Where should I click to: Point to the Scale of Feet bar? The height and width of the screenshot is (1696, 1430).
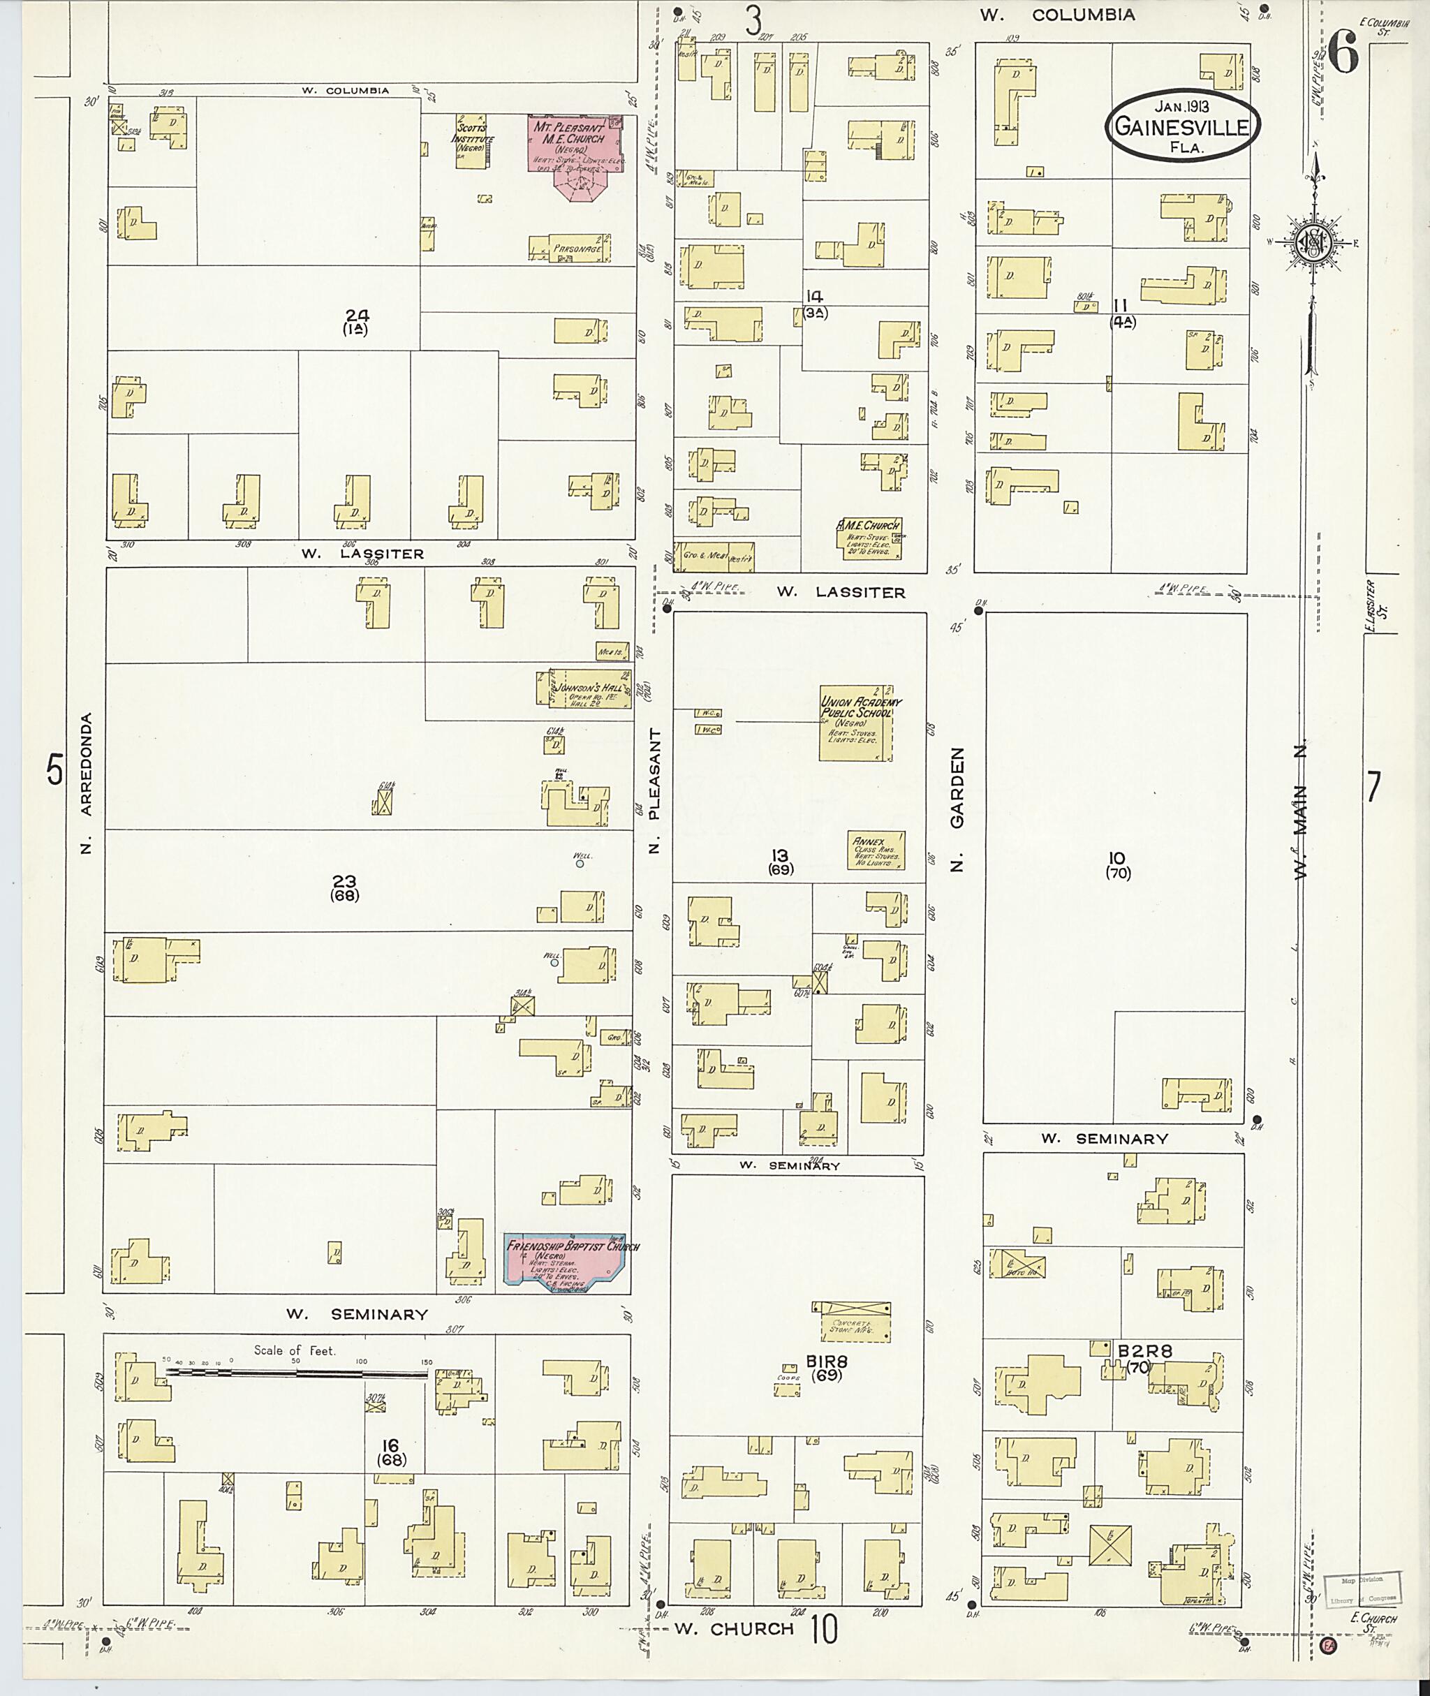click(297, 1373)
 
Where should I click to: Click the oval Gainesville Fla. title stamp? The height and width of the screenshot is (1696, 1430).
click(1183, 121)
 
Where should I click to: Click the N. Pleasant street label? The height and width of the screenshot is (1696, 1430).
click(655, 791)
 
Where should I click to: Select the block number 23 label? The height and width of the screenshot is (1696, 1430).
click(344, 881)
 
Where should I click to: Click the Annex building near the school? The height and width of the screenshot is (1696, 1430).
click(876, 850)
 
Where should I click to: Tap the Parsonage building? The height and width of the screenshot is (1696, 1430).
click(570, 248)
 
